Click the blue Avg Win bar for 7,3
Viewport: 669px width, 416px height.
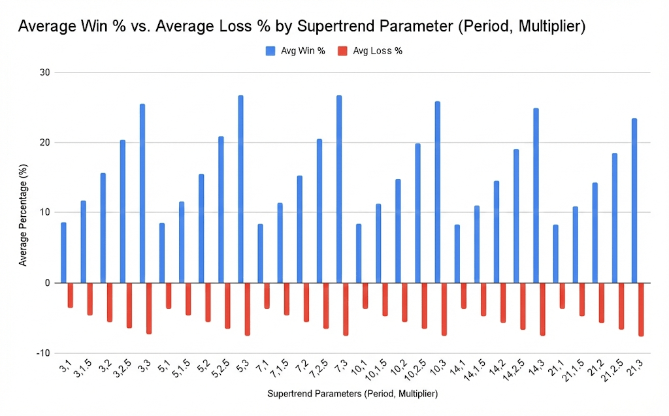point(338,189)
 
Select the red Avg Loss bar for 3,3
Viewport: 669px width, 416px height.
point(149,308)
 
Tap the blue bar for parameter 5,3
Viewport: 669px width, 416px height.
point(240,189)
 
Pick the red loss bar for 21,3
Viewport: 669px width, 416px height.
point(641,309)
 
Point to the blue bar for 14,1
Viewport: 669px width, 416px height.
point(457,254)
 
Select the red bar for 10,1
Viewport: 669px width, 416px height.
point(365,296)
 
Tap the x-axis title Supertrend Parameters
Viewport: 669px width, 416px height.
point(352,394)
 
